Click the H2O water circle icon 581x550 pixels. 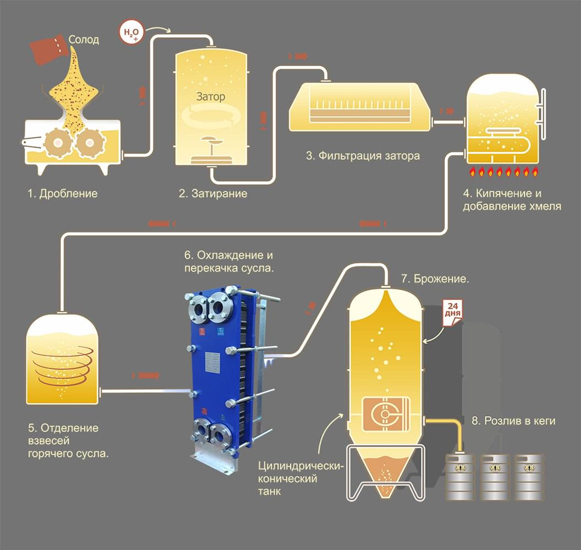pos(130,33)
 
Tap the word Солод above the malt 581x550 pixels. pos(84,39)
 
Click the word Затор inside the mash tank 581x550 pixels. pos(210,97)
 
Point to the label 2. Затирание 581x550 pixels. pos(213,193)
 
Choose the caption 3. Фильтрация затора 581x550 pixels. pos(363,156)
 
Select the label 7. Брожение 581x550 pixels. pos(435,279)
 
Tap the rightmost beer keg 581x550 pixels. pos(530,477)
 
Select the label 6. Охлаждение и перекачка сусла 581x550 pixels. pos(228,262)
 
